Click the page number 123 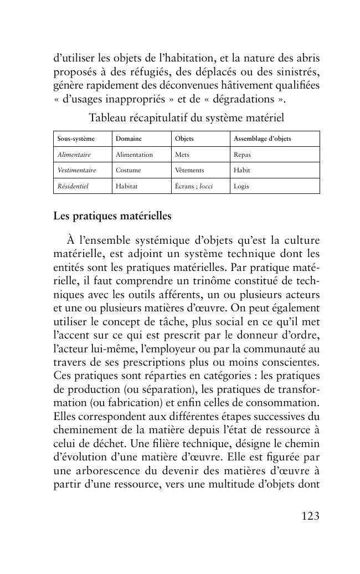click(x=310, y=516)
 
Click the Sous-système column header click(x=76, y=139)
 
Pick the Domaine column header click(x=128, y=139)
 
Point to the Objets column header click(x=184, y=139)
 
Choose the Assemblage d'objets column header click(x=262, y=139)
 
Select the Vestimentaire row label click(x=76, y=170)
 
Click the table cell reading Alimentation click(x=134, y=155)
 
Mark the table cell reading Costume click(x=128, y=170)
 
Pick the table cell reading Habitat click(x=126, y=186)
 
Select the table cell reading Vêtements click(x=189, y=170)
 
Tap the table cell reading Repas click(x=242, y=155)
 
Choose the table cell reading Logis click(x=241, y=186)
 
